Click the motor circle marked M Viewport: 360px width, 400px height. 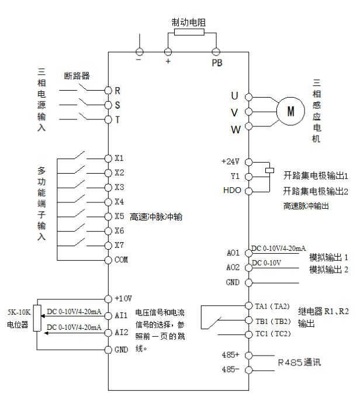290,111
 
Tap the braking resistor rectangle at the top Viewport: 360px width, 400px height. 189,32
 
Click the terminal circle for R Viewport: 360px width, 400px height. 108,91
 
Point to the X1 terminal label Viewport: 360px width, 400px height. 119,158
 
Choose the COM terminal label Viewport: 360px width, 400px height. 121,259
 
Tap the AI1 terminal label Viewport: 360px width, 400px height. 121,315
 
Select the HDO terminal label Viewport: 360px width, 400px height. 231,191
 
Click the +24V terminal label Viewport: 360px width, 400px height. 231,161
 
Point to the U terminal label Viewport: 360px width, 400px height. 234,95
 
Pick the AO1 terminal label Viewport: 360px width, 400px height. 233,253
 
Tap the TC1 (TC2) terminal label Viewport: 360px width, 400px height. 273,333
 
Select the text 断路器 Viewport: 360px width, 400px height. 76,75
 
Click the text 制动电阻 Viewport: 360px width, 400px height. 189,22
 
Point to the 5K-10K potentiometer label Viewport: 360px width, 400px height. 18,314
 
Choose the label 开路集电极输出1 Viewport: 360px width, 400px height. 316,175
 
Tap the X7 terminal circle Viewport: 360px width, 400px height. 108,245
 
